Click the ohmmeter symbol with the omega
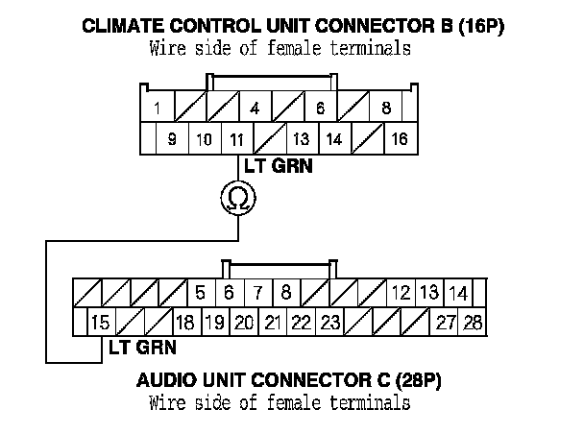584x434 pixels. click(x=238, y=198)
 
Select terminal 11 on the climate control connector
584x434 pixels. click(x=237, y=138)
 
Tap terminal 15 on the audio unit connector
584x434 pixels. click(x=101, y=322)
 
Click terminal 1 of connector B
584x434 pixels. click(x=158, y=107)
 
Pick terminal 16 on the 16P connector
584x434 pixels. click(x=401, y=138)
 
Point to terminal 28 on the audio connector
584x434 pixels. click(x=473, y=322)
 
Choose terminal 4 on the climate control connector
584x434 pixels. click(x=255, y=107)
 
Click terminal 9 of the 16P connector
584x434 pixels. click(x=172, y=138)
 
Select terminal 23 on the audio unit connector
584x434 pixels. click(x=330, y=322)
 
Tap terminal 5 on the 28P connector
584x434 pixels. click(x=201, y=293)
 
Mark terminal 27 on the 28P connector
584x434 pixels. click(x=445, y=322)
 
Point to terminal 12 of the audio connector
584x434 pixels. click(x=401, y=293)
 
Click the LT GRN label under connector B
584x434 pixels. click(x=279, y=166)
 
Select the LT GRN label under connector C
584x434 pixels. click(x=143, y=348)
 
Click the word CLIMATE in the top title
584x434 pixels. click(x=124, y=26)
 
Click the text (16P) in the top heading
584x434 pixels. click(x=481, y=27)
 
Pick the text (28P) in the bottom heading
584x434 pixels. click(x=418, y=381)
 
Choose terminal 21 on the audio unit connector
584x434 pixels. click(x=273, y=322)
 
